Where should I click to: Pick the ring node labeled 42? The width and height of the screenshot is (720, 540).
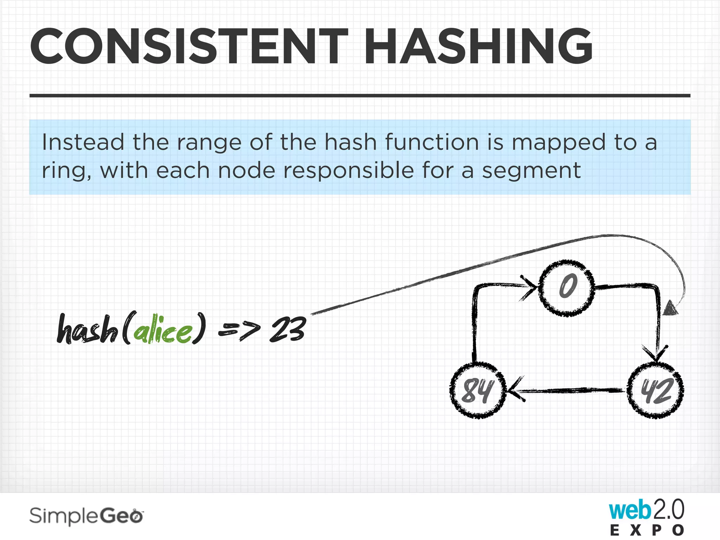tap(656, 391)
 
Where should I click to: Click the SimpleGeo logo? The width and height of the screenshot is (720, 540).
tap(86, 516)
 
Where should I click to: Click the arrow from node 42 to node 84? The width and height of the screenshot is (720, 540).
tap(566, 390)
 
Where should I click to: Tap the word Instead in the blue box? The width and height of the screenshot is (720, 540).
tap(83, 142)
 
